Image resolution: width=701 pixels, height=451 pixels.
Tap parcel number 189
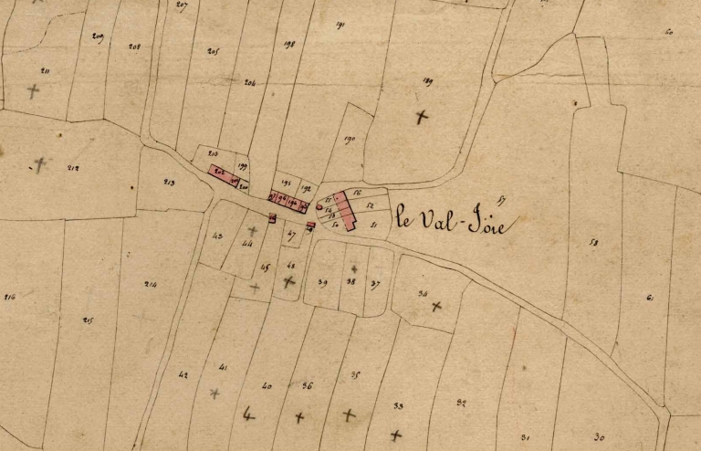(x=427, y=81)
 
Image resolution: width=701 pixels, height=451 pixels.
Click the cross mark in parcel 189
(x=421, y=117)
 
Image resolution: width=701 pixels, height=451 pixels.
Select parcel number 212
(x=73, y=168)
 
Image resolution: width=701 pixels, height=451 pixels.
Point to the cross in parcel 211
(x=34, y=91)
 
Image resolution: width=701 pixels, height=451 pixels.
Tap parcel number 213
(x=169, y=182)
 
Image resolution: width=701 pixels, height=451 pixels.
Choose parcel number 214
(x=150, y=284)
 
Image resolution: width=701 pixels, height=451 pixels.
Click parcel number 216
(x=10, y=297)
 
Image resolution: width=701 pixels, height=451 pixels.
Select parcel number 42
(x=183, y=375)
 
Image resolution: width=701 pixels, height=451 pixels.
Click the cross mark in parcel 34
(x=436, y=306)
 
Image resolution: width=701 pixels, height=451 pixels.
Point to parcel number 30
(x=599, y=436)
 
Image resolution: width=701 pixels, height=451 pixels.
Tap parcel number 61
(x=650, y=297)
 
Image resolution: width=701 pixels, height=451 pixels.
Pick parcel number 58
(x=593, y=243)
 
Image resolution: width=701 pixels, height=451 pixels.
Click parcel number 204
(x=250, y=82)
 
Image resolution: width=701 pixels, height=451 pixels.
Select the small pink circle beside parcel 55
(x=319, y=207)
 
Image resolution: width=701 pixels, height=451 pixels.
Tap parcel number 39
(x=322, y=283)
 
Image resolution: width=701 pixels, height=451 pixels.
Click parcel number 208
(x=134, y=47)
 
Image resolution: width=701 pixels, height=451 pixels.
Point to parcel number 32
(x=461, y=403)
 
